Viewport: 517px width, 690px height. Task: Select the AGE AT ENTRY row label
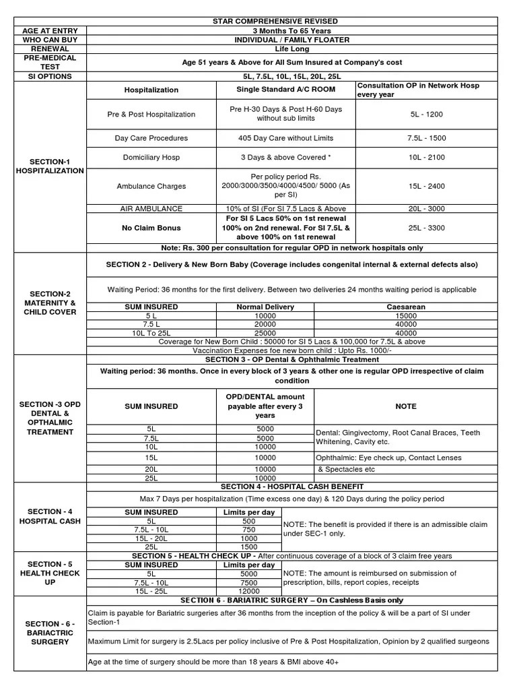(x=50, y=31)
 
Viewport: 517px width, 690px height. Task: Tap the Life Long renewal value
(x=292, y=49)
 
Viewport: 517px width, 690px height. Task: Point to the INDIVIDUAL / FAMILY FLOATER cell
(x=292, y=40)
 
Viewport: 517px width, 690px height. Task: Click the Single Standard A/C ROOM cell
(x=285, y=90)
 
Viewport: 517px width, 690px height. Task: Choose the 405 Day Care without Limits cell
(x=285, y=138)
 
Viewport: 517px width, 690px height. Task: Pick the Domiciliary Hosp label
(x=151, y=157)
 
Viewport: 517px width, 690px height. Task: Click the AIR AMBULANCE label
(x=151, y=209)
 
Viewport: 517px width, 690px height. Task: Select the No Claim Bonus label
(x=151, y=228)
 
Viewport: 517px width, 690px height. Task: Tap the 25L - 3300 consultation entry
(x=426, y=228)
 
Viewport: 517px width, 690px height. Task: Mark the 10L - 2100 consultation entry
(x=426, y=157)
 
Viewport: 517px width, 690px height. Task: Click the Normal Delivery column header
(x=265, y=307)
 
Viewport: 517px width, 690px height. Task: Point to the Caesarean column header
(x=406, y=307)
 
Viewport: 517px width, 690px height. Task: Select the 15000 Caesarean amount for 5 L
(x=406, y=315)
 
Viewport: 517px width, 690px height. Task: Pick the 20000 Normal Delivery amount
(x=265, y=324)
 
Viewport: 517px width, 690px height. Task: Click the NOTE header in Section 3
(x=406, y=406)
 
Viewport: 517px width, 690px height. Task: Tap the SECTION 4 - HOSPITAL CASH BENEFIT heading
(x=292, y=486)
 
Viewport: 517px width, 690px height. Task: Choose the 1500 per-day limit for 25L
(x=249, y=547)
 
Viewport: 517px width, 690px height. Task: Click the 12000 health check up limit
(x=249, y=591)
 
